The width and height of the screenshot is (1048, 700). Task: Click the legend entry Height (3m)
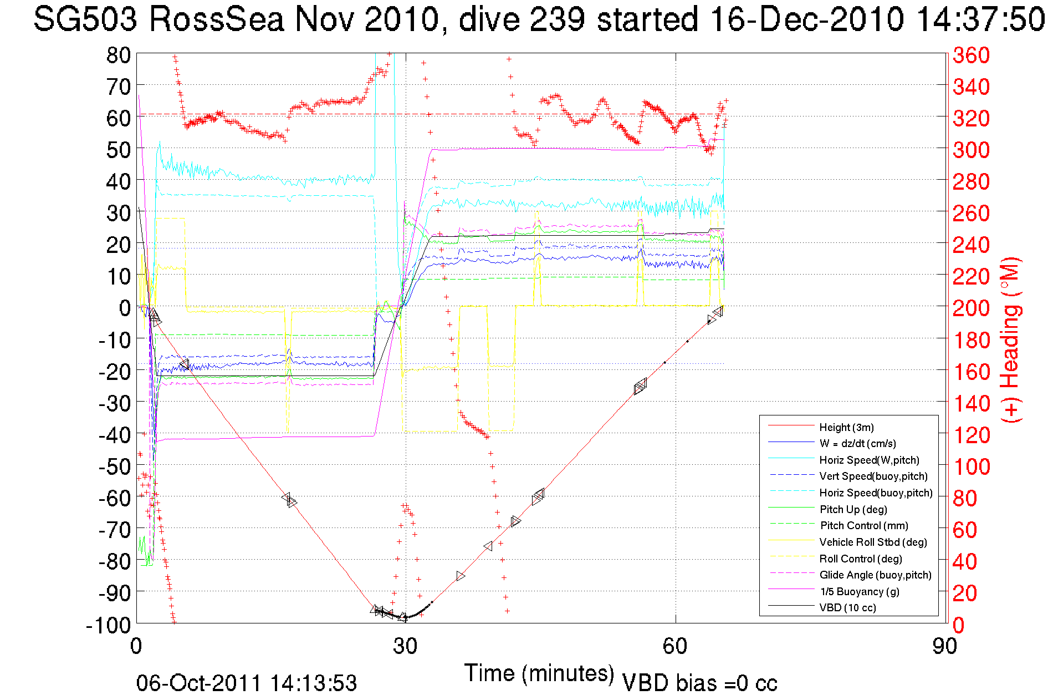tap(846, 427)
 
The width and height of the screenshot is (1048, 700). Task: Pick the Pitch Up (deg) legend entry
tap(853, 509)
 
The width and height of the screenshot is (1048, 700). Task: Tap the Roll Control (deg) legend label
tap(861, 559)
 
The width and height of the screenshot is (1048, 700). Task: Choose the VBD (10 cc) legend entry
tap(847, 607)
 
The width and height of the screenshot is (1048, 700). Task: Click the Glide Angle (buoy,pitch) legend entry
tap(875, 575)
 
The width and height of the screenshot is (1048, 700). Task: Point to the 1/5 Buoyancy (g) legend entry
tap(859, 591)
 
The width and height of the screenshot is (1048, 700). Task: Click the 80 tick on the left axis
tap(118, 55)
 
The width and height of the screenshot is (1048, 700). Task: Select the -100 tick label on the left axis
tap(108, 625)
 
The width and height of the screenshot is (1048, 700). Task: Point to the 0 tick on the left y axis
tap(125, 308)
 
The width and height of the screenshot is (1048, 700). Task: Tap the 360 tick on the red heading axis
tap(971, 55)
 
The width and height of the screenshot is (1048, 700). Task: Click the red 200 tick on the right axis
tap(971, 308)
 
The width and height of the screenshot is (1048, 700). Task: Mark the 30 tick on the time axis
tap(405, 646)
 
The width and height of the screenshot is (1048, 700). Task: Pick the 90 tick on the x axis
tap(944, 646)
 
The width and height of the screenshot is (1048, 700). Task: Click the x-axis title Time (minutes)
tap(539, 673)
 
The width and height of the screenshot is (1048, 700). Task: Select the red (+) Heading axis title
tap(1011, 339)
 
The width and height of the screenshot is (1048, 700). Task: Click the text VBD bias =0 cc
tap(699, 683)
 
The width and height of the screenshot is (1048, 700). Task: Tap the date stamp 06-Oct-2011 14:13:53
tap(247, 683)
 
